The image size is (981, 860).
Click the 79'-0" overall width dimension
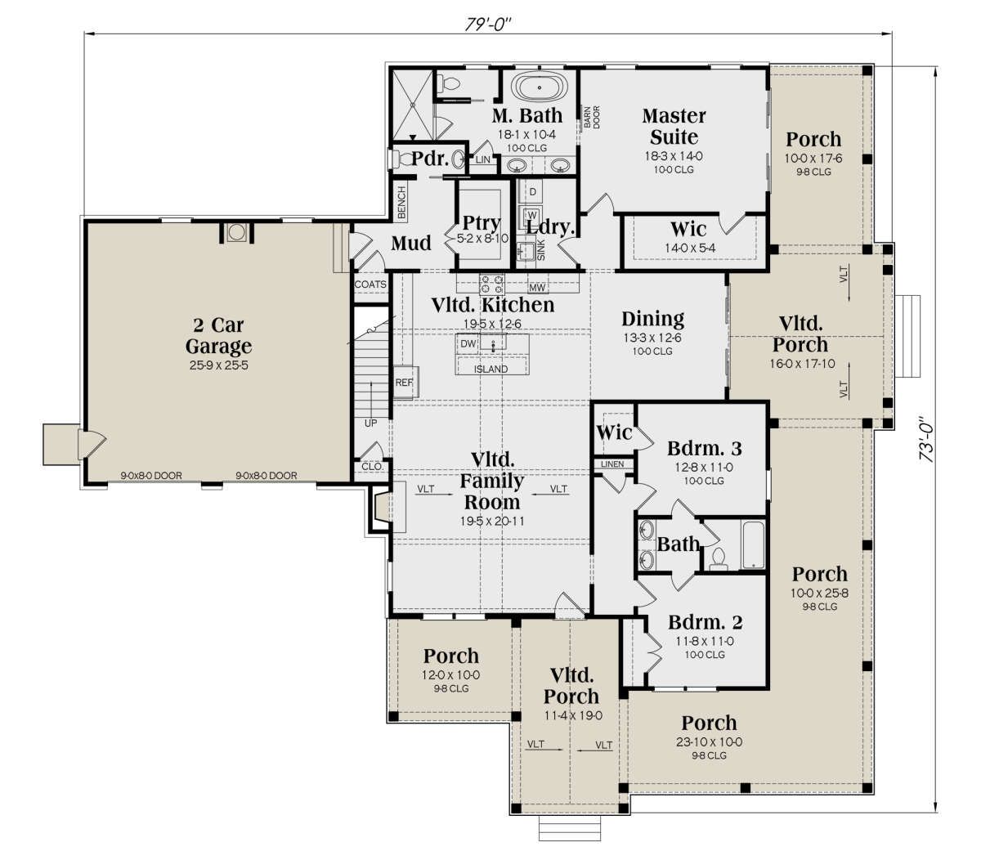pyautogui.click(x=487, y=24)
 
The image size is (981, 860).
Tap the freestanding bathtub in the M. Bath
pyautogui.click(x=539, y=88)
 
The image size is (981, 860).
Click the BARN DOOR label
pyautogui.click(x=591, y=117)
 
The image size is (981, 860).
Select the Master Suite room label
pyautogui.click(x=674, y=127)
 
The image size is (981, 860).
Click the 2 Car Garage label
pyautogui.click(x=218, y=335)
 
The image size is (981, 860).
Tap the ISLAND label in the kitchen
pyautogui.click(x=490, y=369)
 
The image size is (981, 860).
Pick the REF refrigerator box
pyautogui.click(x=405, y=382)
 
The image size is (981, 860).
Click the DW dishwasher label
pyautogui.click(x=468, y=344)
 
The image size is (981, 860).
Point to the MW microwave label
pyautogui.click(x=537, y=288)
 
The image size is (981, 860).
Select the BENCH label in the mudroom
pyautogui.click(x=401, y=203)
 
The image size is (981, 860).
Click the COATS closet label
pyautogui.click(x=370, y=284)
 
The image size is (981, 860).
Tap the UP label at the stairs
pyautogui.click(x=370, y=423)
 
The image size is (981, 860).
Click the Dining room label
pyautogui.click(x=652, y=319)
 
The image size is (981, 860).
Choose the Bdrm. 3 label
pyautogui.click(x=704, y=449)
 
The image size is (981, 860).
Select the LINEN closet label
pyautogui.click(x=612, y=464)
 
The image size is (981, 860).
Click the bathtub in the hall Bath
pyautogui.click(x=754, y=544)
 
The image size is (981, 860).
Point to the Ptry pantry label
pyautogui.click(x=482, y=222)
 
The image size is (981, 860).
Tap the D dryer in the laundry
pyautogui.click(x=533, y=192)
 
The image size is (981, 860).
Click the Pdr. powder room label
pyautogui.click(x=429, y=159)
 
